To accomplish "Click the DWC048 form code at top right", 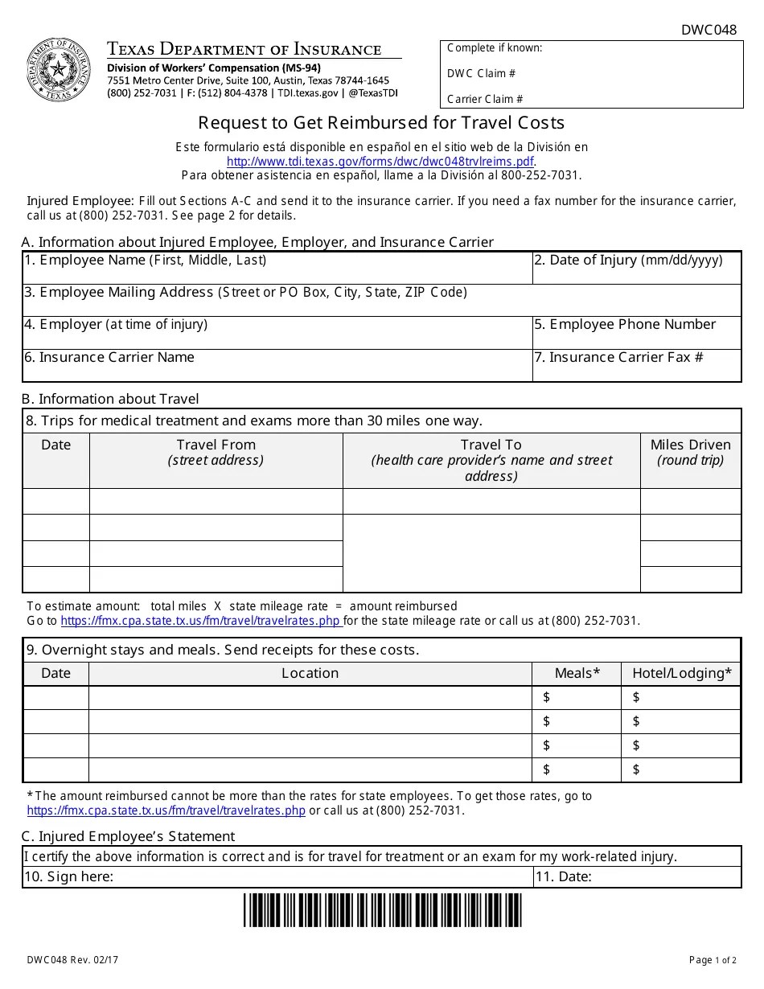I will click(x=709, y=30).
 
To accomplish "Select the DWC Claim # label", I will click(x=481, y=73).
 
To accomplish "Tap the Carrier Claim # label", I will click(x=485, y=99).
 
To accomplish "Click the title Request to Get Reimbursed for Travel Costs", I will click(x=381, y=123).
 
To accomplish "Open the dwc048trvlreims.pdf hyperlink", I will click(x=380, y=161).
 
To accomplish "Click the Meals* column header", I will click(x=577, y=673).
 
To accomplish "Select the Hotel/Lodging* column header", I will click(x=681, y=673).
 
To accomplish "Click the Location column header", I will click(x=310, y=673).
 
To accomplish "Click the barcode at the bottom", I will click(x=382, y=910).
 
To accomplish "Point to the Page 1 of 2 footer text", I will click(x=712, y=960).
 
